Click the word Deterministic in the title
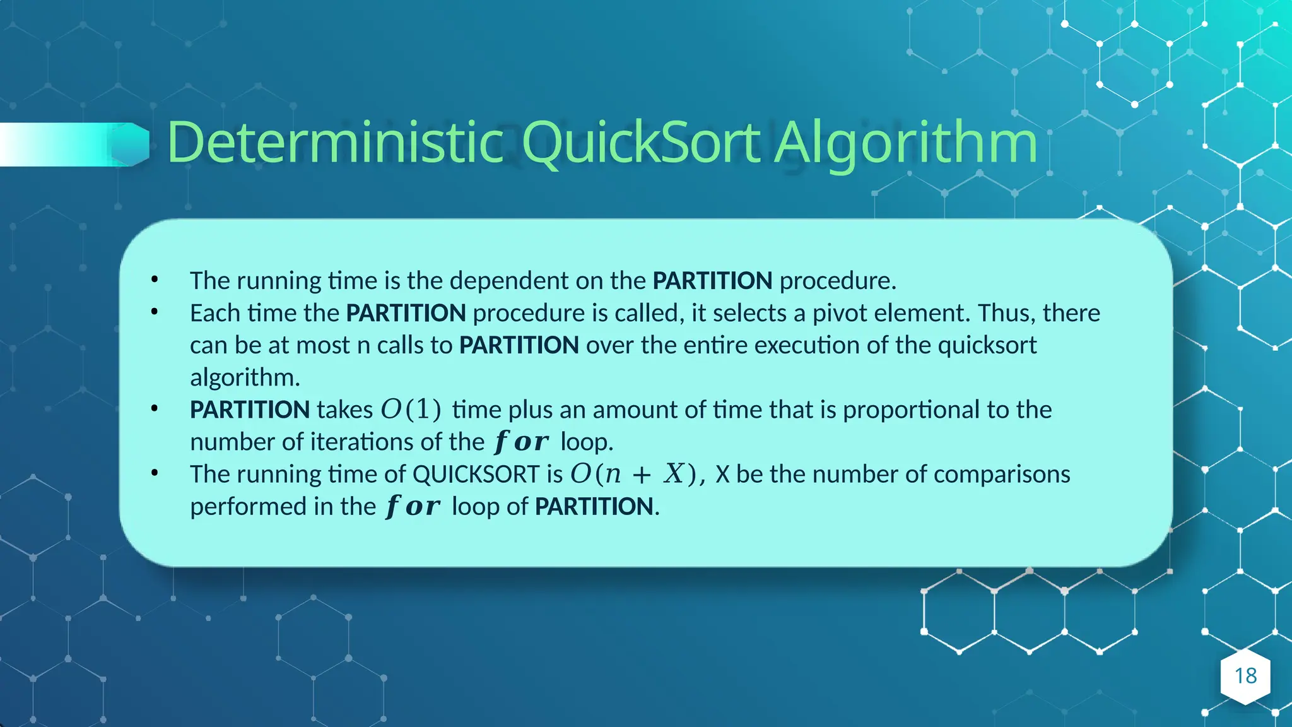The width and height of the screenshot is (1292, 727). (334, 143)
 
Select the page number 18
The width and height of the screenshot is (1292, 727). (1245, 676)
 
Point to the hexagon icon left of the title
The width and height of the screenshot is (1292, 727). (131, 145)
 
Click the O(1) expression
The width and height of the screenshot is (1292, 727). (411, 410)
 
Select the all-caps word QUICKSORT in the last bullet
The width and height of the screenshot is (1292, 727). (476, 475)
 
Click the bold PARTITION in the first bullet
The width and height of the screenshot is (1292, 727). (712, 281)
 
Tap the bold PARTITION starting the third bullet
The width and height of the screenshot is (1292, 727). (250, 410)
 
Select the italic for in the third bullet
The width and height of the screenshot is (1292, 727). (521, 442)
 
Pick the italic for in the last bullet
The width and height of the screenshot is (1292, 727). (413, 507)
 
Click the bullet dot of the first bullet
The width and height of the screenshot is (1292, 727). (155, 280)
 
